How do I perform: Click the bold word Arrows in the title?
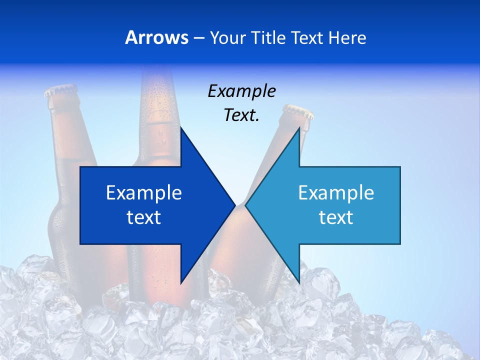click(x=156, y=37)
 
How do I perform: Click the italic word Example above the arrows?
click(x=241, y=91)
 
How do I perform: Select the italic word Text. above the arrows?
click(x=241, y=115)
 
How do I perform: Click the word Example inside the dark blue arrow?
click(x=144, y=192)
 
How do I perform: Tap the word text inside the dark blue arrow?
click(x=144, y=217)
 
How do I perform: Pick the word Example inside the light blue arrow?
click(x=336, y=192)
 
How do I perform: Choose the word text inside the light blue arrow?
click(x=336, y=217)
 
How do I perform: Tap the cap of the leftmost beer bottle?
click(x=61, y=91)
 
